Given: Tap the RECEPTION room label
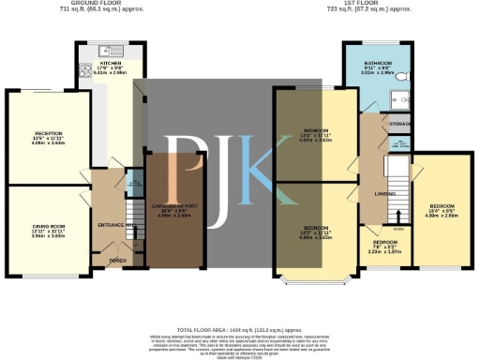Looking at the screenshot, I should click(x=35, y=134).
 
